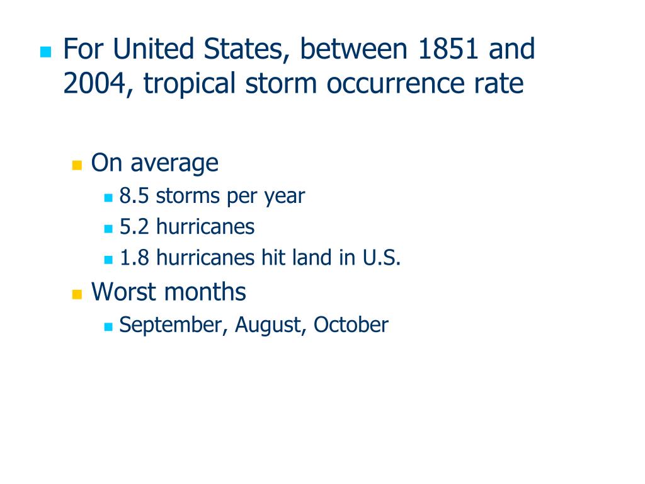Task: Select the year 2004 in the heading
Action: point(94,83)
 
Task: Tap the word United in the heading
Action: point(153,49)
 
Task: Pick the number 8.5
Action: point(134,196)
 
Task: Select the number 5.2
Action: point(134,227)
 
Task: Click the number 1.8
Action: point(134,258)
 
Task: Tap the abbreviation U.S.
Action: point(381,258)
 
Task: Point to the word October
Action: point(351,325)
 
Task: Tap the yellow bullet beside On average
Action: point(77,166)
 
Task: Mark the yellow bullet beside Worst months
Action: point(77,294)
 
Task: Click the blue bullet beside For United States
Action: point(45,52)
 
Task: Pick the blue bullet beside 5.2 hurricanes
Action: point(108,229)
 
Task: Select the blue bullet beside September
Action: point(108,327)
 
